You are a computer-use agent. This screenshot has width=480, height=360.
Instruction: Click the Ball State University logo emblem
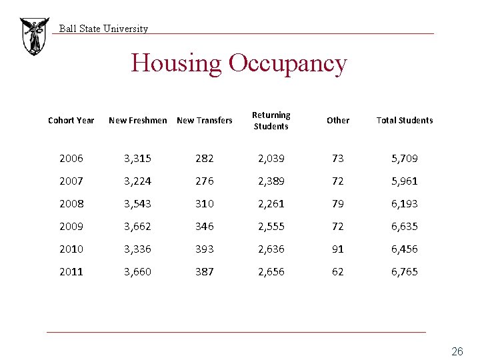(x=33, y=36)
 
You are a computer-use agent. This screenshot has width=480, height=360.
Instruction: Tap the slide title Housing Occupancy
(x=239, y=63)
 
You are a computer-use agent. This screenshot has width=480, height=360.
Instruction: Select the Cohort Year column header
(x=71, y=121)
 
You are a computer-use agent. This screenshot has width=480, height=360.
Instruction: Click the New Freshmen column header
(x=138, y=121)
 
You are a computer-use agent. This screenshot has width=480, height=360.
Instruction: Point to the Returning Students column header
(x=271, y=121)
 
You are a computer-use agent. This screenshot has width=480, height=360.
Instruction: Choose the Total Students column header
(x=405, y=121)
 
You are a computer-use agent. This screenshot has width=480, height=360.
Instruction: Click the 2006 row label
(x=71, y=159)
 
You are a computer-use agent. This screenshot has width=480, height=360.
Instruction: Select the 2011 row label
(x=71, y=272)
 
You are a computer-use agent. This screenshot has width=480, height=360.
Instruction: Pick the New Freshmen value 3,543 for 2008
(x=138, y=204)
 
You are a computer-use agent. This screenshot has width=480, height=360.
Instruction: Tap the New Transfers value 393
(x=205, y=249)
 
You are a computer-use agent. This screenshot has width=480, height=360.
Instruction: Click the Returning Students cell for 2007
(x=271, y=181)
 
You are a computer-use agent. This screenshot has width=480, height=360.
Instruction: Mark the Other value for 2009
(x=338, y=227)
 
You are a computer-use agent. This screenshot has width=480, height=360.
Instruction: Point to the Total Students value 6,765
(x=405, y=272)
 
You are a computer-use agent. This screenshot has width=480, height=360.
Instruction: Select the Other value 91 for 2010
(x=338, y=249)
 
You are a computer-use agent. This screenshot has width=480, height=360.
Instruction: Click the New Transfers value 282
(x=205, y=159)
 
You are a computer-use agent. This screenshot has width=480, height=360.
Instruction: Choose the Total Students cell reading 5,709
(x=405, y=159)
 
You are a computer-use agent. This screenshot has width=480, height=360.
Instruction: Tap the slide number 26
(x=457, y=351)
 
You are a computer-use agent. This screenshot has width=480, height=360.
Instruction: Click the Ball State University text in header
(x=103, y=29)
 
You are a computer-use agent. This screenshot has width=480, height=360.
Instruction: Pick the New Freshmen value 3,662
(x=138, y=227)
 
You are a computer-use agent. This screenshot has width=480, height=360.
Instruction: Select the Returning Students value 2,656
(x=271, y=272)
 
